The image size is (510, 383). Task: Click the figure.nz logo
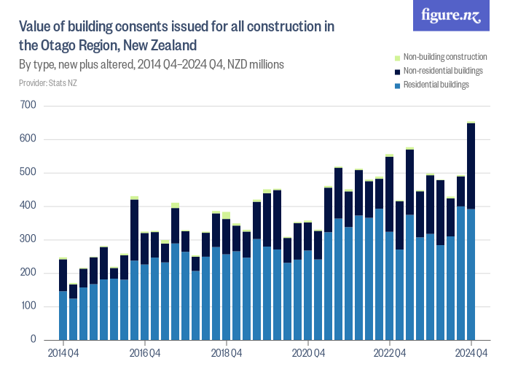(x=451, y=15)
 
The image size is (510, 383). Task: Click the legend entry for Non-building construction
(x=444, y=57)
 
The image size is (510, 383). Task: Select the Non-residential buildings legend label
(x=443, y=71)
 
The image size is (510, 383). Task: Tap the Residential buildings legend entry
(x=436, y=85)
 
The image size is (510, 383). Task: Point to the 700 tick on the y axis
(x=29, y=106)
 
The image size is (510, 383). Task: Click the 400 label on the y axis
(x=29, y=206)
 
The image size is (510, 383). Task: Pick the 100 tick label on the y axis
(x=29, y=306)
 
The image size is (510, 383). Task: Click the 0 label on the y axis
(x=34, y=340)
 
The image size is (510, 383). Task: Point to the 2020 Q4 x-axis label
(x=308, y=354)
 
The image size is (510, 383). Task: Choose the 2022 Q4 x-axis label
(x=390, y=354)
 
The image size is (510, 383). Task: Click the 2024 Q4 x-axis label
(x=471, y=354)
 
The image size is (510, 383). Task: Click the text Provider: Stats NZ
(x=48, y=83)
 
